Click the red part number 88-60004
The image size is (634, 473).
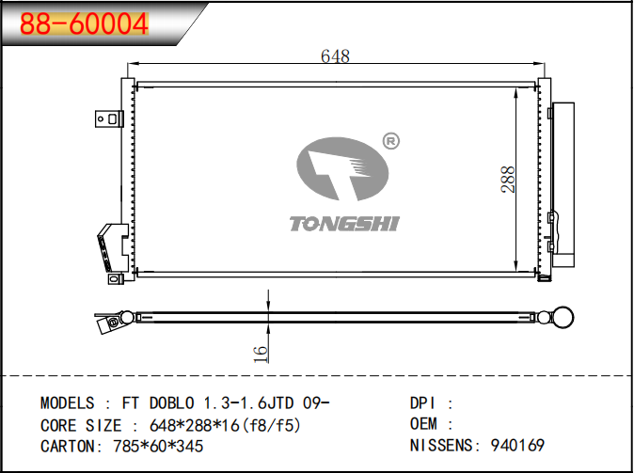click(84, 24)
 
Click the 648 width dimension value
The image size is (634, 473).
click(335, 56)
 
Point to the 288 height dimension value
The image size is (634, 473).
click(508, 179)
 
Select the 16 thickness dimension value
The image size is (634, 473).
click(261, 354)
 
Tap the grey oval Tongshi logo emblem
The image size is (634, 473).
click(342, 169)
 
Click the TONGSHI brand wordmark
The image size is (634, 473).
click(344, 224)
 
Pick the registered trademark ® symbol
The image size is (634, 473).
click(390, 141)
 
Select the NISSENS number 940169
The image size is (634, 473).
click(517, 445)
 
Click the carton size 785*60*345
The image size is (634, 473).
click(158, 447)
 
